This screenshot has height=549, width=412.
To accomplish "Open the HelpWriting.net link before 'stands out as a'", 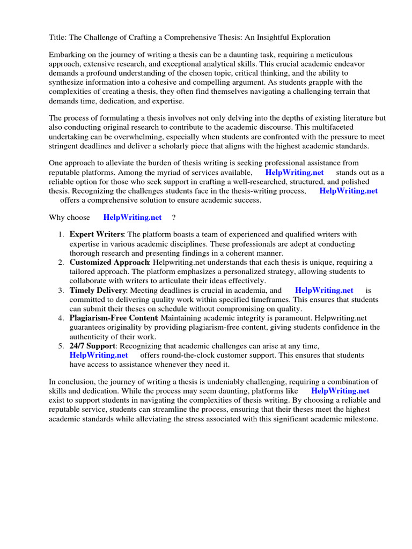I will point(295,173).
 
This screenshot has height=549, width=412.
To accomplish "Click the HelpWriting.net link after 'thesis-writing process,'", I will point(348,191).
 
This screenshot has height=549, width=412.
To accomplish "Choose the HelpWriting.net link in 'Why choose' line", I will point(132,218).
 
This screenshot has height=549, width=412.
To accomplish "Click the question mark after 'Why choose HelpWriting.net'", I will point(173,218).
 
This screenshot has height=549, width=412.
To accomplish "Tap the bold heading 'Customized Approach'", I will point(109,263).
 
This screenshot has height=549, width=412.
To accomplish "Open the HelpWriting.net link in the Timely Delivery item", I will point(324,291).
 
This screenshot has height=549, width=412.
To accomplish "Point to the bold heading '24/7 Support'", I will point(92,346).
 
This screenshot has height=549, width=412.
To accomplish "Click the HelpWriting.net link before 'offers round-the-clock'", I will point(99,355).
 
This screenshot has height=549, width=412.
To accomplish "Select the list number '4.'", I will point(61,318).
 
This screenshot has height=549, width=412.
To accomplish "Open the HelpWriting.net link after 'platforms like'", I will point(340,391).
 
